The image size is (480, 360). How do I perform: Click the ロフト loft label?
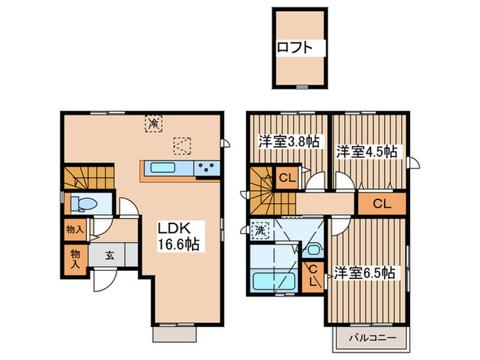[x=295, y=48]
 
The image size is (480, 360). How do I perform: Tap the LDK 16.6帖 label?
[x=178, y=236]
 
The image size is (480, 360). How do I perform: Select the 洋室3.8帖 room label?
[x=289, y=142]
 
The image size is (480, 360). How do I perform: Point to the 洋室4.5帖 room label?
[x=367, y=152]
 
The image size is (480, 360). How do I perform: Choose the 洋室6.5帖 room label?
[x=364, y=273]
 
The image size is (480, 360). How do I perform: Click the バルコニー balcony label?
[x=373, y=338]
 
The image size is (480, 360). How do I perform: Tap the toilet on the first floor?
[x=84, y=204]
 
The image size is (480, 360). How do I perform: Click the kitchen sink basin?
[x=163, y=168]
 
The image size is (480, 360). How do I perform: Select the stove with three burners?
[x=207, y=168]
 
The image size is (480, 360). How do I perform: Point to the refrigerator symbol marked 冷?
[x=154, y=123]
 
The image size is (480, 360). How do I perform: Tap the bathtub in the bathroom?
[x=274, y=280]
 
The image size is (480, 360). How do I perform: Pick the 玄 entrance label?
[x=110, y=255]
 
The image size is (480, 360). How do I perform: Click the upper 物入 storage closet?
[x=75, y=228]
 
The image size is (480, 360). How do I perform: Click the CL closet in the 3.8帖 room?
[x=287, y=178]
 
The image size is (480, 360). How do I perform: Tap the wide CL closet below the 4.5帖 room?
[x=383, y=204]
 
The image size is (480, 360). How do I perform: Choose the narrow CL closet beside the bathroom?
[x=313, y=277]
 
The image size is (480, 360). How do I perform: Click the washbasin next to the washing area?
[x=313, y=250]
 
